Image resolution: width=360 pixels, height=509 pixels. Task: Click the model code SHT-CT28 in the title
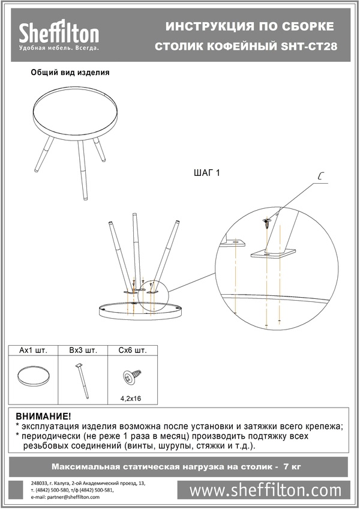coord(309,47)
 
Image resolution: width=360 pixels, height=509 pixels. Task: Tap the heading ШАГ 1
coord(207,173)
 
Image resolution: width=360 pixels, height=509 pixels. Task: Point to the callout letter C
coord(320,177)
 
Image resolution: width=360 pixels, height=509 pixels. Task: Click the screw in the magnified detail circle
coord(267,223)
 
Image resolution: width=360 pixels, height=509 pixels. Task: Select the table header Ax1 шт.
coord(33,351)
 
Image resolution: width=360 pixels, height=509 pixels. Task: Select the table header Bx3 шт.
coord(83,351)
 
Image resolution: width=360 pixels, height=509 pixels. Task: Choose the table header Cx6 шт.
coord(133,351)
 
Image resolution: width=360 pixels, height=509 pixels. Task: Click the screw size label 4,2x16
coord(131,399)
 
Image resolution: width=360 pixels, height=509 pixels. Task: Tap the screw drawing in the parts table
coord(131,377)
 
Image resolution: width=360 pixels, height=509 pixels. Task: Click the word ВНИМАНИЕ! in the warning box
coord(43,417)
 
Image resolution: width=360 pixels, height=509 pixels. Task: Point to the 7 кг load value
coord(292,467)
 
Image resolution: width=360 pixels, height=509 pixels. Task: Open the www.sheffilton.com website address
coord(265,490)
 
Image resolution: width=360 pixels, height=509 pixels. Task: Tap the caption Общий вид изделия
coord(70,73)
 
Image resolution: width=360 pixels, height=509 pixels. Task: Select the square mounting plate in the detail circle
coord(274,253)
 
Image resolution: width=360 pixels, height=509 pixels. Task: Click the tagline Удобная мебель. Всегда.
coord(59,48)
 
